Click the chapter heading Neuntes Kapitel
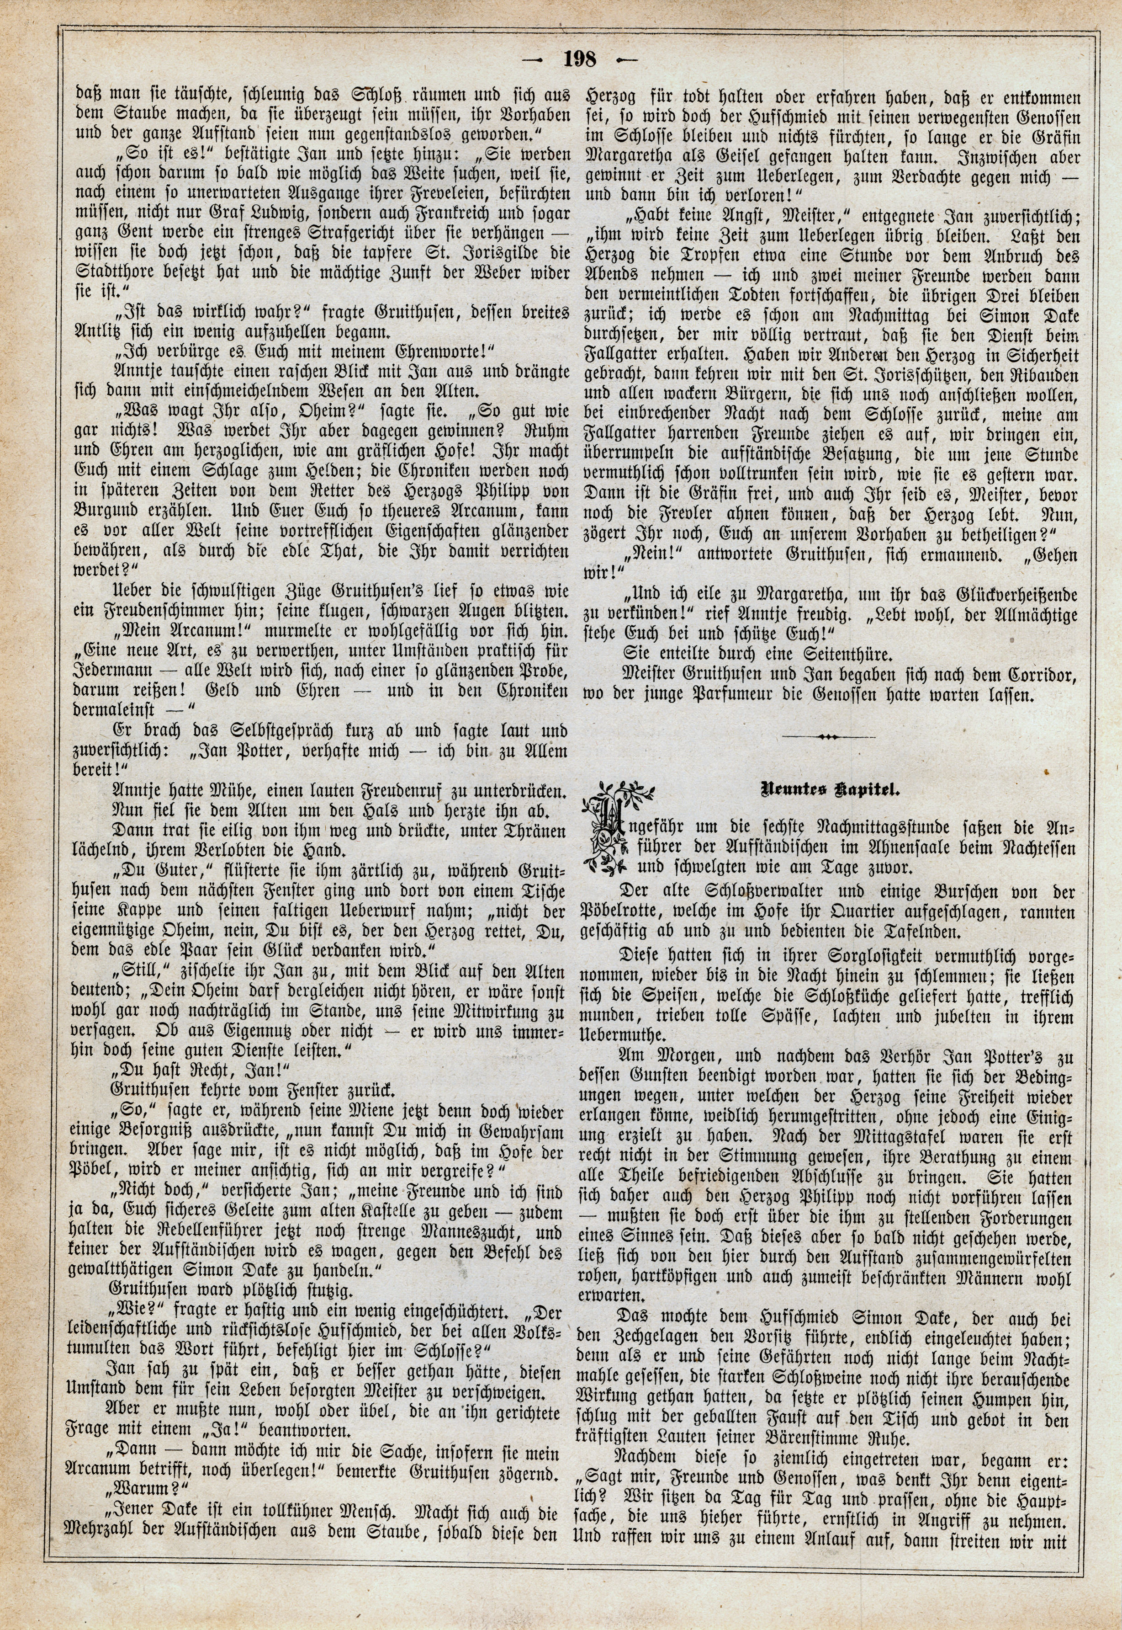point(830,789)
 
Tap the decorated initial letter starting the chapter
point(610,826)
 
